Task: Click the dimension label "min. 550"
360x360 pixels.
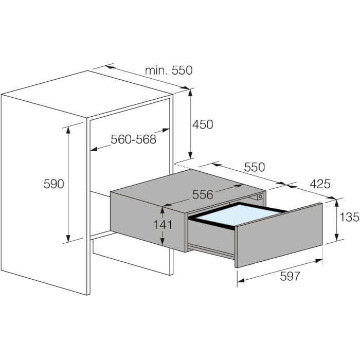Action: click(169, 70)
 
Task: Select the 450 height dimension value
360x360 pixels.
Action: click(203, 124)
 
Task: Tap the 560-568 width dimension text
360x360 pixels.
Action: click(133, 139)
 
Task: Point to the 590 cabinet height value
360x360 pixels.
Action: click(53, 184)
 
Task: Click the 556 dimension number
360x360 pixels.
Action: click(203, 194)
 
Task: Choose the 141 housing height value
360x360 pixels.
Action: click(163, 225)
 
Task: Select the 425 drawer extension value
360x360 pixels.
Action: click(320, 184)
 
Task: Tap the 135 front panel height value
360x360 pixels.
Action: click(349, 217)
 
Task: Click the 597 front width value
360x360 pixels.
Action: click(290, 276)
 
